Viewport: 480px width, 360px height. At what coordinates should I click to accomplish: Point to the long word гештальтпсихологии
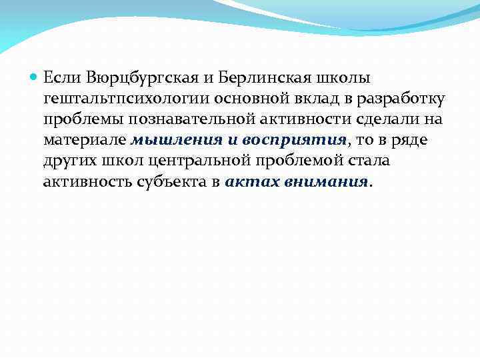click(127, 99)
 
